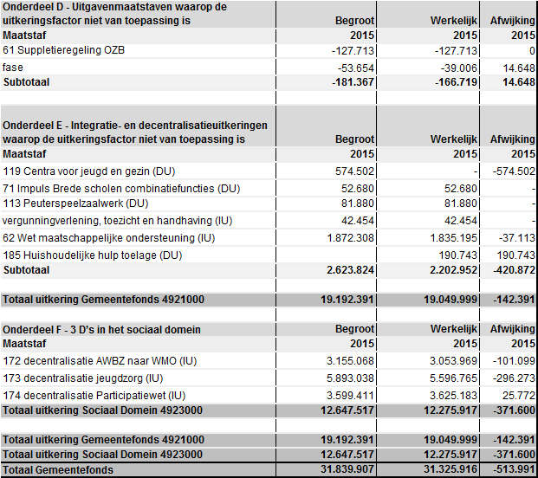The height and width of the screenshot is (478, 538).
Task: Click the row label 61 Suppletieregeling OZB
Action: pyautogui.click(x=63, y=51)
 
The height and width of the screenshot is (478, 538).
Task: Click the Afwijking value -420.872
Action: pyautogui.click(x=513, y=269)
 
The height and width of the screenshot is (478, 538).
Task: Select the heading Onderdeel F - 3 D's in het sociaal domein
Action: pyautogui.click(x=101, y=330)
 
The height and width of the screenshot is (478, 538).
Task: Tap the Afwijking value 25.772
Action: pyautogui.click(x=519, y=395)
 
